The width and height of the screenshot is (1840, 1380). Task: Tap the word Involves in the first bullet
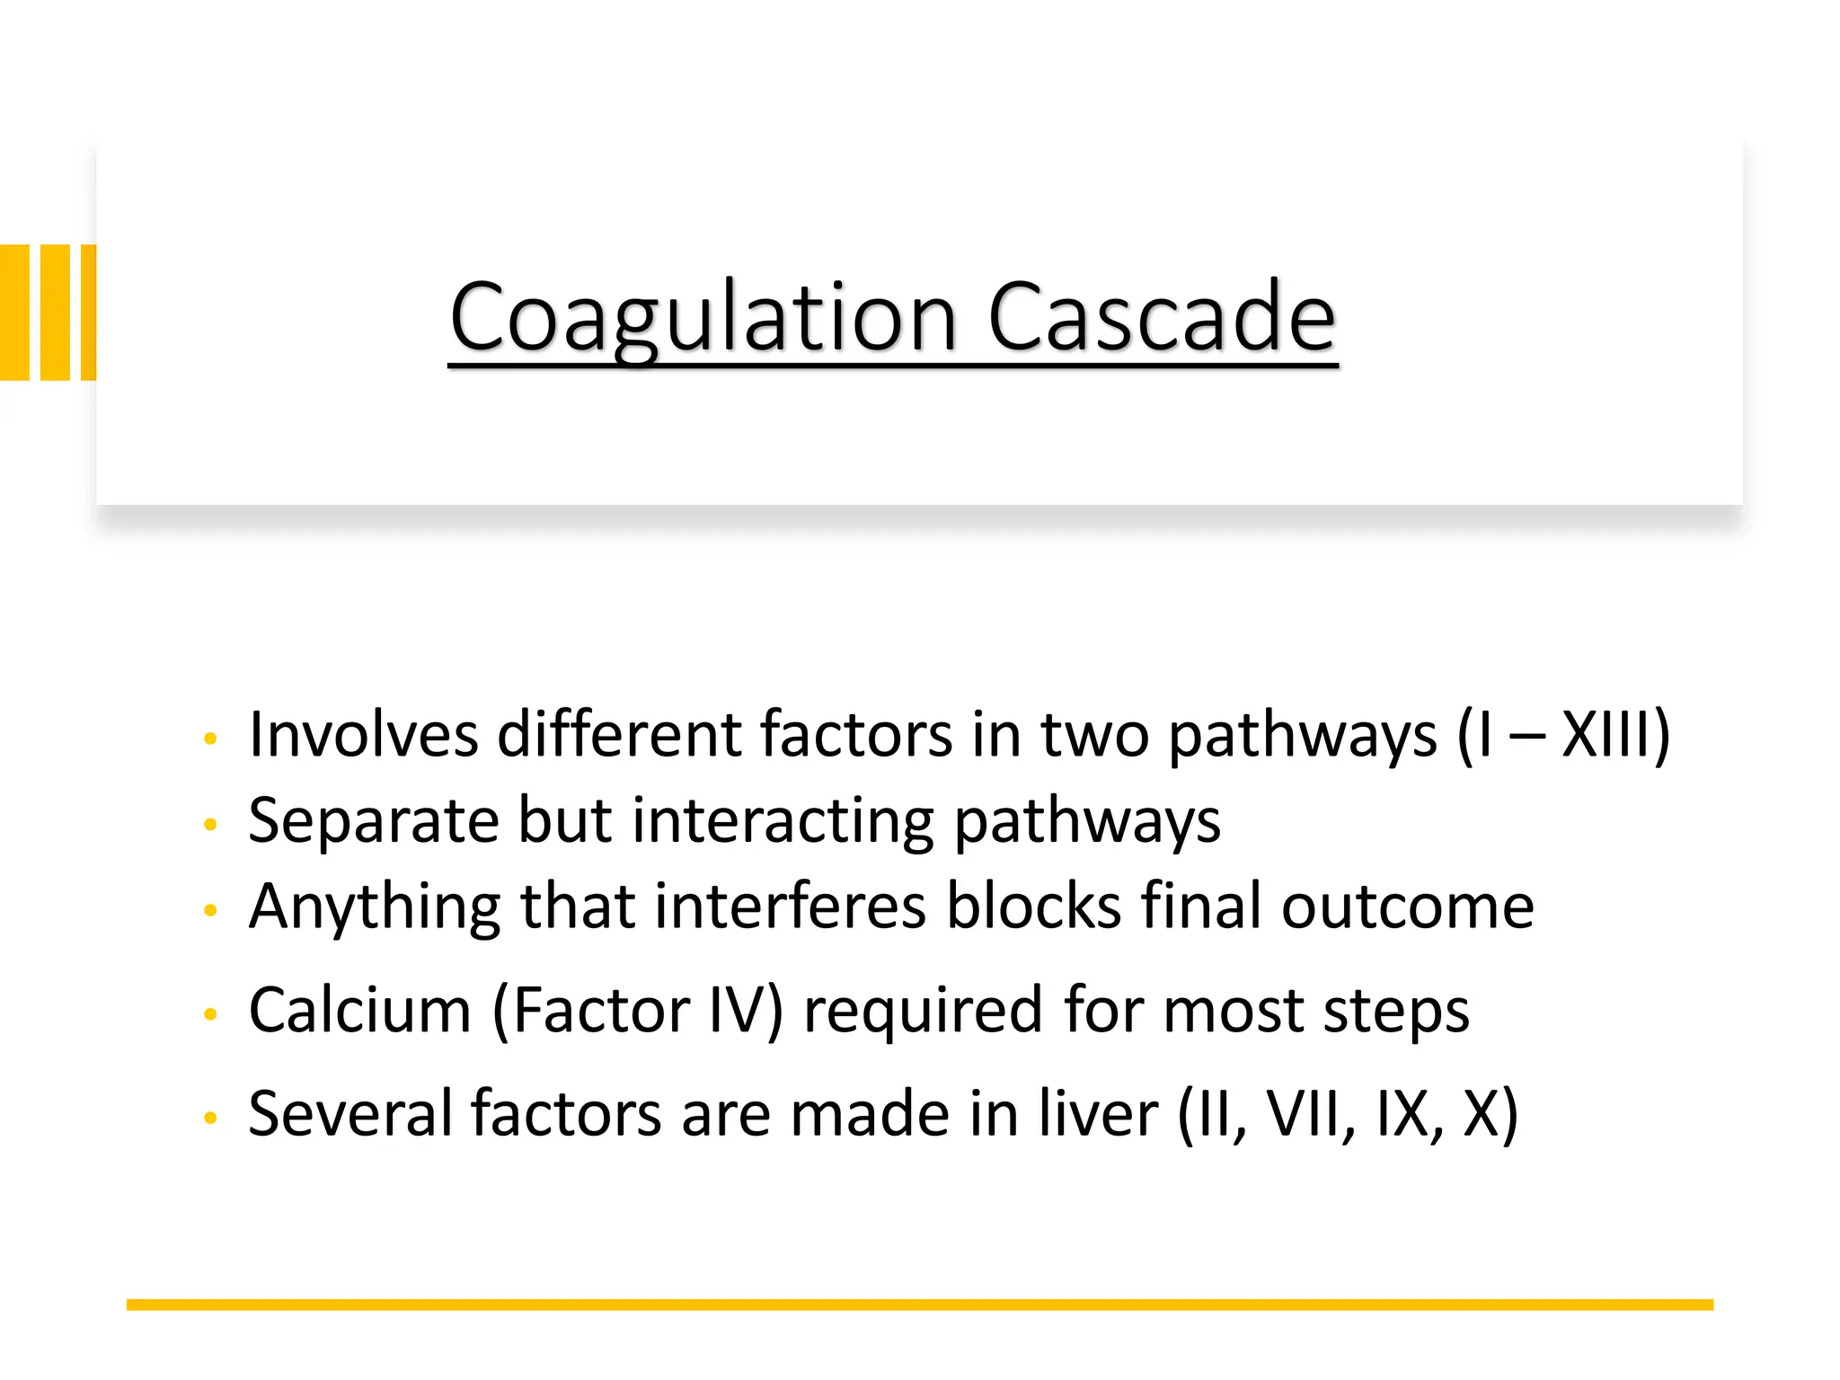click(x=363, y=734)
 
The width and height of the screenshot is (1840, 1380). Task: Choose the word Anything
click(x=374, y=907)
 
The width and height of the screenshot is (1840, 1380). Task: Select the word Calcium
click(x=359, y=1010)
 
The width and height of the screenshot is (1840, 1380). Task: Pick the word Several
click(x=349, y=1113)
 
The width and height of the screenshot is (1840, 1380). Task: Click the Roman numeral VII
click(x=1302, y=1113)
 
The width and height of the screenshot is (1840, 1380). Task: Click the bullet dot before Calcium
click(x=211, y=1014)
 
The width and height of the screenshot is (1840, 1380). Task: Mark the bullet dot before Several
click(x=211, y=1118)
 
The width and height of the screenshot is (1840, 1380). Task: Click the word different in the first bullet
click(x=619, y=734)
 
